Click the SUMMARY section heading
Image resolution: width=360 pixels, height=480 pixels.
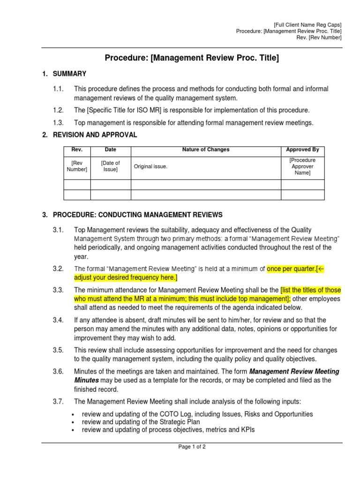pos(69,74)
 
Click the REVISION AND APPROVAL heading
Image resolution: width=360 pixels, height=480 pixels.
pos(95,135)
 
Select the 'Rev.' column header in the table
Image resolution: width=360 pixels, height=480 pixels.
pos(77,150)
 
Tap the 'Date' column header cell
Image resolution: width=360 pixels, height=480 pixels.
pos(111,150)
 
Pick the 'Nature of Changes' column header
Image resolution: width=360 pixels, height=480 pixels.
pos(206,150)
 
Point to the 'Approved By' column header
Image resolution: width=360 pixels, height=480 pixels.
pos(302,150)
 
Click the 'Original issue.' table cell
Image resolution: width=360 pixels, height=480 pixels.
pos(150,166)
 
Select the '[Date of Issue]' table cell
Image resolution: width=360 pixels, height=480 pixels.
pos(111,166)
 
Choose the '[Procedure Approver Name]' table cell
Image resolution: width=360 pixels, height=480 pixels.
pos(302,166)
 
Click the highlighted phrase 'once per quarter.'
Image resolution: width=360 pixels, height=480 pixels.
pos(291,269)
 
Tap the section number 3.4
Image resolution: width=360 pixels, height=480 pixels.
pos(58,320)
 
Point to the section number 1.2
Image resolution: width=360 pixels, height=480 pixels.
pos(58,110)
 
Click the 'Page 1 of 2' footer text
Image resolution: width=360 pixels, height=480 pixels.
pos(192,447)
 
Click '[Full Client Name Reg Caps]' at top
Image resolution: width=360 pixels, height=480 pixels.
pos(307,24)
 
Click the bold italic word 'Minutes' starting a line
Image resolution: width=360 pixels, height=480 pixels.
pos(86,381)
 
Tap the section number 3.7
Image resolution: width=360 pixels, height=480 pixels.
pos(58,401)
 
